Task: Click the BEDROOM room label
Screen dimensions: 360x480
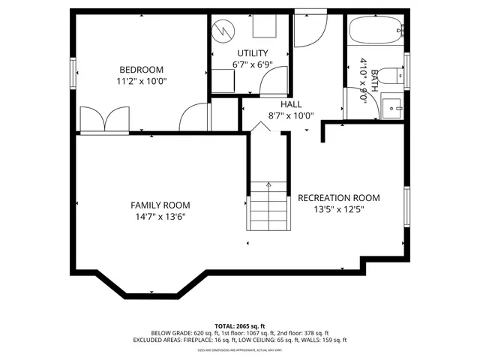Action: [141, 70]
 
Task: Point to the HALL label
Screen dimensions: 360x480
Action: [291, 104]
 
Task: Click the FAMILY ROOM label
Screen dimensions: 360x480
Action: [160, 205]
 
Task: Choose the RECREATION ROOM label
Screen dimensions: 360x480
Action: [338, 198]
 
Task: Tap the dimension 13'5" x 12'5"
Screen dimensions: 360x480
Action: [338, 210]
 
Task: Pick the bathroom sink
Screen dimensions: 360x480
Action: [391, 107]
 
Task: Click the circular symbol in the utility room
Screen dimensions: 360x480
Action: [223, 30]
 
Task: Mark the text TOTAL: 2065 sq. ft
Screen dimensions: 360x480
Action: [239, 325]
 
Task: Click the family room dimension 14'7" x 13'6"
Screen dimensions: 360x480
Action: [160, 217]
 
